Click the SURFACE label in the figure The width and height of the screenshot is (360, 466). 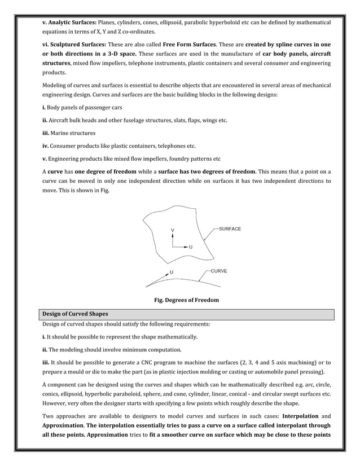tap(229, 228)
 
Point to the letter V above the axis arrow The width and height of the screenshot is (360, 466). tap(173, 231)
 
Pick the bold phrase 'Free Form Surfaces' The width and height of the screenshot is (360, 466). tap(194, 45)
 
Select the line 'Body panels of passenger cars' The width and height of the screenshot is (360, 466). tap(85, 107)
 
